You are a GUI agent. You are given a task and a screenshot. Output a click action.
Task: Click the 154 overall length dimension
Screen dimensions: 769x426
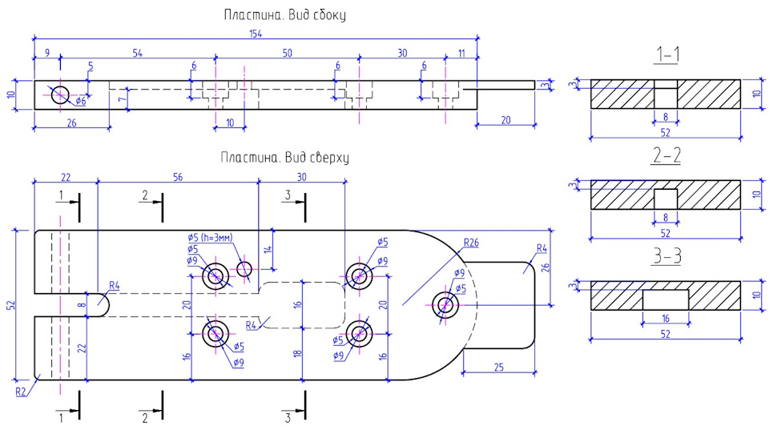coord(256,34)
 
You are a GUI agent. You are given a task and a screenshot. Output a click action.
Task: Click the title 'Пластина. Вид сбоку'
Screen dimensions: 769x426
coord(284,14)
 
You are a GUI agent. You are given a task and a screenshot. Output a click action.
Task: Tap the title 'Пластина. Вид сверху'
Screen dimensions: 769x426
coord(284,158)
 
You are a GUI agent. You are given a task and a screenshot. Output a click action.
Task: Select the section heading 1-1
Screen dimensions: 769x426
coord(666,54)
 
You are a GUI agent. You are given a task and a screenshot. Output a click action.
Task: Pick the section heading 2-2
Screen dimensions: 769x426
coord(666,155)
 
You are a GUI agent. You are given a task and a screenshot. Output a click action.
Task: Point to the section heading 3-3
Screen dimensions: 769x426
coord(666,256)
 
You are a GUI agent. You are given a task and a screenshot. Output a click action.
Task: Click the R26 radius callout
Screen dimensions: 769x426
coord(471,242)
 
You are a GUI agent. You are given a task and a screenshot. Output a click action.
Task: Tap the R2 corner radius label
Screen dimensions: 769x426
coord(21,392)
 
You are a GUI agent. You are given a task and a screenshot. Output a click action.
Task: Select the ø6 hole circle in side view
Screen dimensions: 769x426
coord(60,94)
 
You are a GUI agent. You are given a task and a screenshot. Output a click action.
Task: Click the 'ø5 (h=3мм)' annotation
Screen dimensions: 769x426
coord(210,238)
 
